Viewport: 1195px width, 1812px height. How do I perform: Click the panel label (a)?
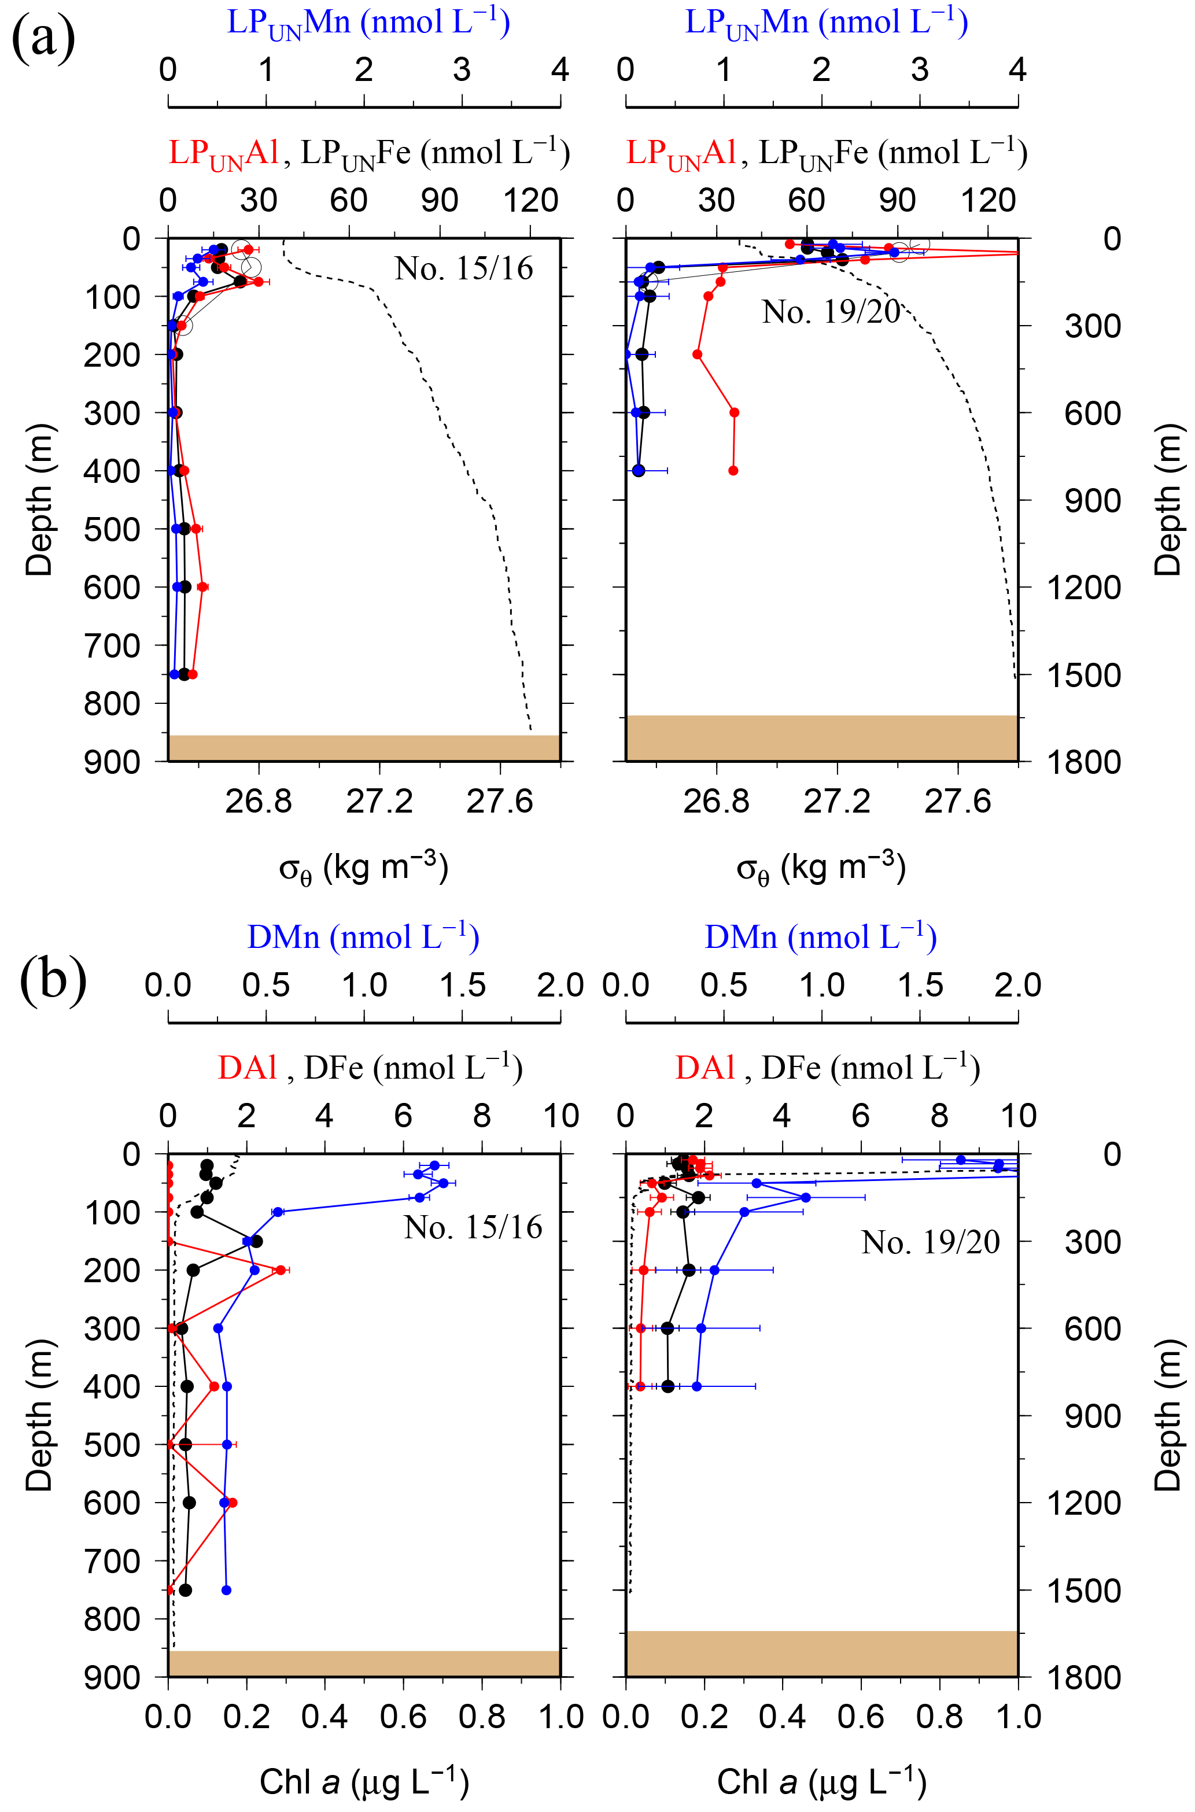pos(43,39)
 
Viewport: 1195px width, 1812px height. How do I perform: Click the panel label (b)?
pos(53,979)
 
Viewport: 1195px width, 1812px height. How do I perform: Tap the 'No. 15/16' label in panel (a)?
pos(463,269)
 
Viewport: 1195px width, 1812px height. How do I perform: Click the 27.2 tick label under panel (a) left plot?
pos(379,802)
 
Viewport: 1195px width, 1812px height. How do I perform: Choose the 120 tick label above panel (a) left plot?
pos(530,201)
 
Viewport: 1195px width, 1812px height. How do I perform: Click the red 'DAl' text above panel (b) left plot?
pos(247,1068)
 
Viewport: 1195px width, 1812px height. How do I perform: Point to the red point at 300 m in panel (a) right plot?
pos(734,412)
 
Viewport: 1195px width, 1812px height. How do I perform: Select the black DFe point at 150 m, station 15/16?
pos(257,1241)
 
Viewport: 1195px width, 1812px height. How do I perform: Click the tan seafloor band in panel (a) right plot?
pos(821,737)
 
